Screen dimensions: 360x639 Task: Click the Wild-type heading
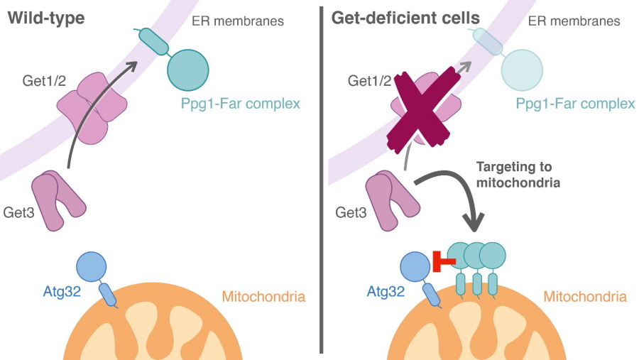[46, 18]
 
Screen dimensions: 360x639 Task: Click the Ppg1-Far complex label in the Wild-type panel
[241, 104]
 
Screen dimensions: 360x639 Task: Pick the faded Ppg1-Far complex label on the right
[575, 104]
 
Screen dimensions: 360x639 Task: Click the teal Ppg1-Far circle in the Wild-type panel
[188, 69]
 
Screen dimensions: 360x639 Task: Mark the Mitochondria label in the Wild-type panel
[263, 296]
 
